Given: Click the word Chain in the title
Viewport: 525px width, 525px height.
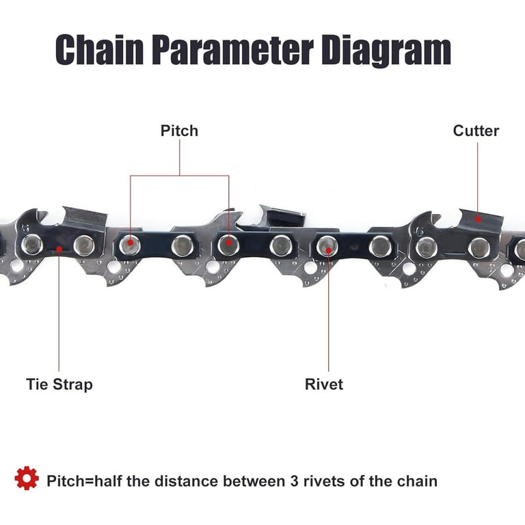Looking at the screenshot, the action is [x=99, y=49].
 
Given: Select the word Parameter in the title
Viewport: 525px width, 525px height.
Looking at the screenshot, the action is [x=232, y=49].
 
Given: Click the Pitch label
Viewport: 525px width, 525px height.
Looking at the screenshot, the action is [x=179, y=131].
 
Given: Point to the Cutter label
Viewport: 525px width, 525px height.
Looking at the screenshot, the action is [x=476, y=131].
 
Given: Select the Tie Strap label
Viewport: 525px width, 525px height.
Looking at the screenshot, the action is [x=59, y=384].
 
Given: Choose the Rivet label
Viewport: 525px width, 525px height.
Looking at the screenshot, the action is [x=324, y=384].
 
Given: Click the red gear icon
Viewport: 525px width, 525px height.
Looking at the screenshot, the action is [x=27, y=478].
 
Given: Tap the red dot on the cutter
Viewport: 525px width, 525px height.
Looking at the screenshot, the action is [x=478, y=219].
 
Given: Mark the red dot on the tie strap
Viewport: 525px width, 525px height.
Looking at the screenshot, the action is [x=59, y=250].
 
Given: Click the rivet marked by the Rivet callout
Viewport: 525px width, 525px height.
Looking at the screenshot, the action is [x=327, y=246].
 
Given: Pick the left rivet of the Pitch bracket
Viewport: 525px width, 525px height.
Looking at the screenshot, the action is [x=130, y=245].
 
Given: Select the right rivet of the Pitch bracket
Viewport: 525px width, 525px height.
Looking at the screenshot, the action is [x=229, y=244].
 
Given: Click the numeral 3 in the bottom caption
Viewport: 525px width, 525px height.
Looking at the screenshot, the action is [x=295, y=481].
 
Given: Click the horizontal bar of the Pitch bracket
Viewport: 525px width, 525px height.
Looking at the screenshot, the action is [x=180, y=176].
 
